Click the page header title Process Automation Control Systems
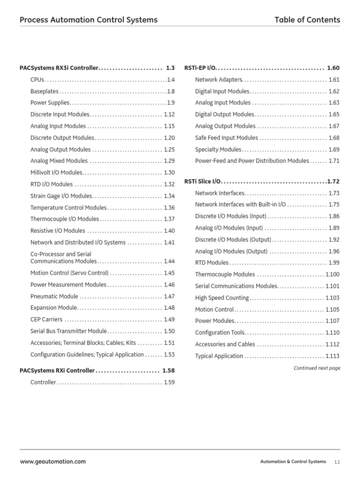coord(89,20)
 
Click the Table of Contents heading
coord(307,20)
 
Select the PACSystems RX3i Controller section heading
coord(59,68)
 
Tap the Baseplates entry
coord(45,91)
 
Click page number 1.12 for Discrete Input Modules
coord(169,114)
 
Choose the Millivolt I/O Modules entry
coord(56,172)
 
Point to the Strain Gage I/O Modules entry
coord(61,196)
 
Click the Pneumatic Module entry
coord(54,296)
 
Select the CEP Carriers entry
coord(46,320)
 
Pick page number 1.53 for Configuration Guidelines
coord(169,355)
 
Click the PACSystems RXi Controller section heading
coord(57,370)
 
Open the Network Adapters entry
coord(218,80)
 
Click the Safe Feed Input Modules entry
coord(226,138)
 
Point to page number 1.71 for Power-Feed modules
coord(334,161)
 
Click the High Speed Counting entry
coord(222,298)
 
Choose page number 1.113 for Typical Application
coord(332,356)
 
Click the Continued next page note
coord(317,368)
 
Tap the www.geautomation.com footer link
coord(52,462)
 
